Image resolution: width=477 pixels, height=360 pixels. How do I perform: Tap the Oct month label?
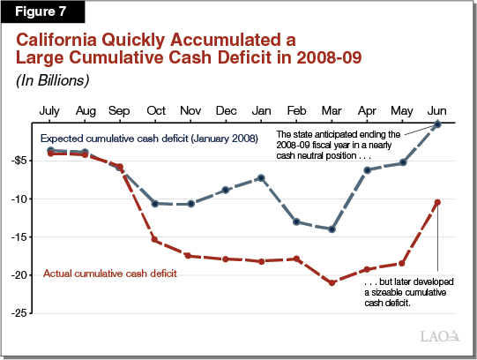tap(156, 111)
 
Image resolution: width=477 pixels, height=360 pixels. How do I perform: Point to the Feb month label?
tap(297, 111)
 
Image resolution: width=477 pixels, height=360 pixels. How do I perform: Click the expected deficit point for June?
tap(437, 124)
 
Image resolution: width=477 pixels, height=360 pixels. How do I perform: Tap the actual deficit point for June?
tap(437, 202)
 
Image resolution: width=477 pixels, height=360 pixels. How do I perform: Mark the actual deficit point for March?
tap(332, 282)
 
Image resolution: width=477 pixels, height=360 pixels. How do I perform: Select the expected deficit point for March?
tap(332, 229)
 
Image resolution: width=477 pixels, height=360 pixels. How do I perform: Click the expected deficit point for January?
tap(262, 177)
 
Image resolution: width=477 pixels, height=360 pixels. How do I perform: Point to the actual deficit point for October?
tap(155, 240)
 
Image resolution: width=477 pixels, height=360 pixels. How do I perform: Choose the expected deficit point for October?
tap(155, 203)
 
